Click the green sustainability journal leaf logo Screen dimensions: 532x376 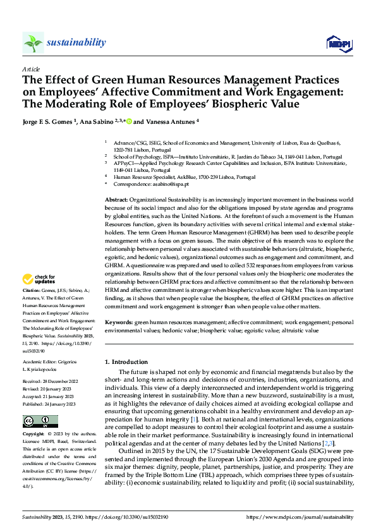pos(33,43)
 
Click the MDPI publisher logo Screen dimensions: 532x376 pos(338,43)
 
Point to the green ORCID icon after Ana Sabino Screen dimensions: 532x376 pos(129,121)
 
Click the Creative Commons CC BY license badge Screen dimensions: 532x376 pos(40,404)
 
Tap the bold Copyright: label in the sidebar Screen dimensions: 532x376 pos(34,417)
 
